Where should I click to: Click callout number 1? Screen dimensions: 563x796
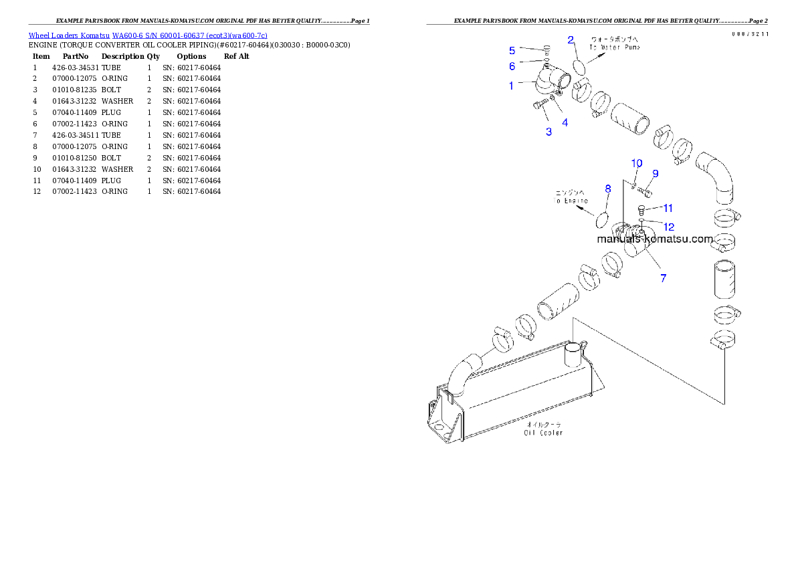tap(512, 86)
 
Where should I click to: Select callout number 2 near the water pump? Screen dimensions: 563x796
tap(571, 40)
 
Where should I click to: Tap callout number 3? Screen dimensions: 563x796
tap(549, 132)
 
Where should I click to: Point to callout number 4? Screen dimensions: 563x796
tap(565, 122)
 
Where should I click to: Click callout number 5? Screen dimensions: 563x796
tap(512, 50)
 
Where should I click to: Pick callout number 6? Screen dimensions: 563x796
tap(512, 66)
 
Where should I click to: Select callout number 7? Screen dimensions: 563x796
tap(663, 278)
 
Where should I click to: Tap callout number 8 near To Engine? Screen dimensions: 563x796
tap(607, 189)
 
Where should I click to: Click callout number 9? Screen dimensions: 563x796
tap(655, 174)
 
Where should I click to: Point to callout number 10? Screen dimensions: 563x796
tap(636, 163)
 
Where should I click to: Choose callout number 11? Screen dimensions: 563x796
tap(668, 209)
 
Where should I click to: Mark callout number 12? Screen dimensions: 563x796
tap(668, 227)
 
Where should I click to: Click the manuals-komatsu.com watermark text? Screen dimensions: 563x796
tap(655, 239)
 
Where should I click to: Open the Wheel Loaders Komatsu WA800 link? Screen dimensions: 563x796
tap(148, 35)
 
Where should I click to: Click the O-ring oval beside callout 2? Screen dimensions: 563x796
tap(579, 66)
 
